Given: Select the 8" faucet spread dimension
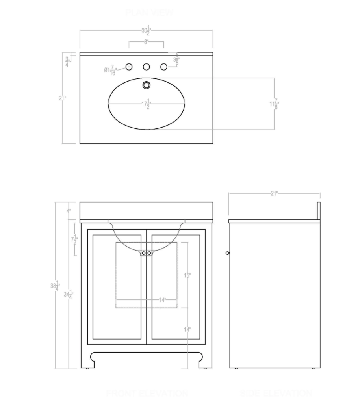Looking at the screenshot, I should (x=146, y=42).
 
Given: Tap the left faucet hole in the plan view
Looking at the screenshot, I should (x=129, y=67).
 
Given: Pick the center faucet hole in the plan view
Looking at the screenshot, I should (x=146, y=67).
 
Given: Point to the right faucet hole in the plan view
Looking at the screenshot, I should (x=164, y=67).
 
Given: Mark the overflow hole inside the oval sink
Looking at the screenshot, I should (x=147, y=84).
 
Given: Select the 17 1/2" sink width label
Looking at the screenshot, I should (x=146, y=104).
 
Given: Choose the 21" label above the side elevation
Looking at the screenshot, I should (x=275, y=193).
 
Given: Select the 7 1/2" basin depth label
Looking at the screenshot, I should (x=74, y=240).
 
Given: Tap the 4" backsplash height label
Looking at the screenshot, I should (x=69, y=211).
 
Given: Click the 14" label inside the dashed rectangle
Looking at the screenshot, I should (x=162, y=300).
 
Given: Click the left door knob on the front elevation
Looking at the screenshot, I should (x=144, y=253).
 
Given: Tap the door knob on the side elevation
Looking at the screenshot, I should (x=228, y=253).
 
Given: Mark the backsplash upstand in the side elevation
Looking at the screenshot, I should (x=319, y=211).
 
